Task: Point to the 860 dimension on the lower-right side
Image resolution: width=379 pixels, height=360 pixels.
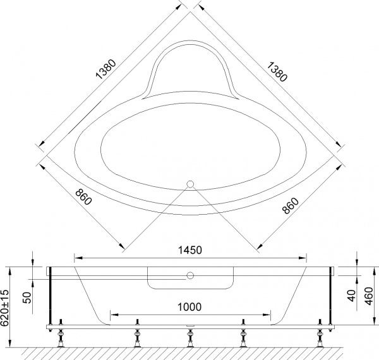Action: point(291,200)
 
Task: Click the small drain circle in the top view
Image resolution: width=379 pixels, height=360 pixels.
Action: point(189,185)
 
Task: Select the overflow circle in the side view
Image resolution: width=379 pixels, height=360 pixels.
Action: point(189,276)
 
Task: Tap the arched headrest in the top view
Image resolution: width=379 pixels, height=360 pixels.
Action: point(190,69)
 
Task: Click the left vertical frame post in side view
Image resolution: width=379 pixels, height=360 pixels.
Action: point(51,294)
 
